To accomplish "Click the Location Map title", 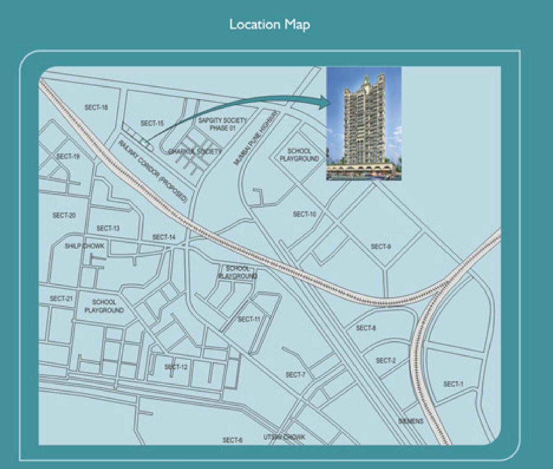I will pos(270,24).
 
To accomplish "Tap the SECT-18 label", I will pos(96,107).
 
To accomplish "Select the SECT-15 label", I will pos(152,123).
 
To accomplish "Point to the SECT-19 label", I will pos(68,157).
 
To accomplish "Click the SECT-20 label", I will pos(64,215).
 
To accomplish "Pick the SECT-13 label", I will pos(108,229).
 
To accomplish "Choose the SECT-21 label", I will pos(61,299).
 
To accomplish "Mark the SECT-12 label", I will pos(176,367).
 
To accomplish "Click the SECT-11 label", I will pos(249,319).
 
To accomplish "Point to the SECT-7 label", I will pos(296,375).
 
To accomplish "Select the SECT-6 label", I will pos(232,440).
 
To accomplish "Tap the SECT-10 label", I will pos(305,214).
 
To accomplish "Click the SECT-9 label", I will pos(381,246).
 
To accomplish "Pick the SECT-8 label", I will pos(366,328).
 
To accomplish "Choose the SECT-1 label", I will pos(453,384).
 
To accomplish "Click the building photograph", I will pos(364,123).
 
